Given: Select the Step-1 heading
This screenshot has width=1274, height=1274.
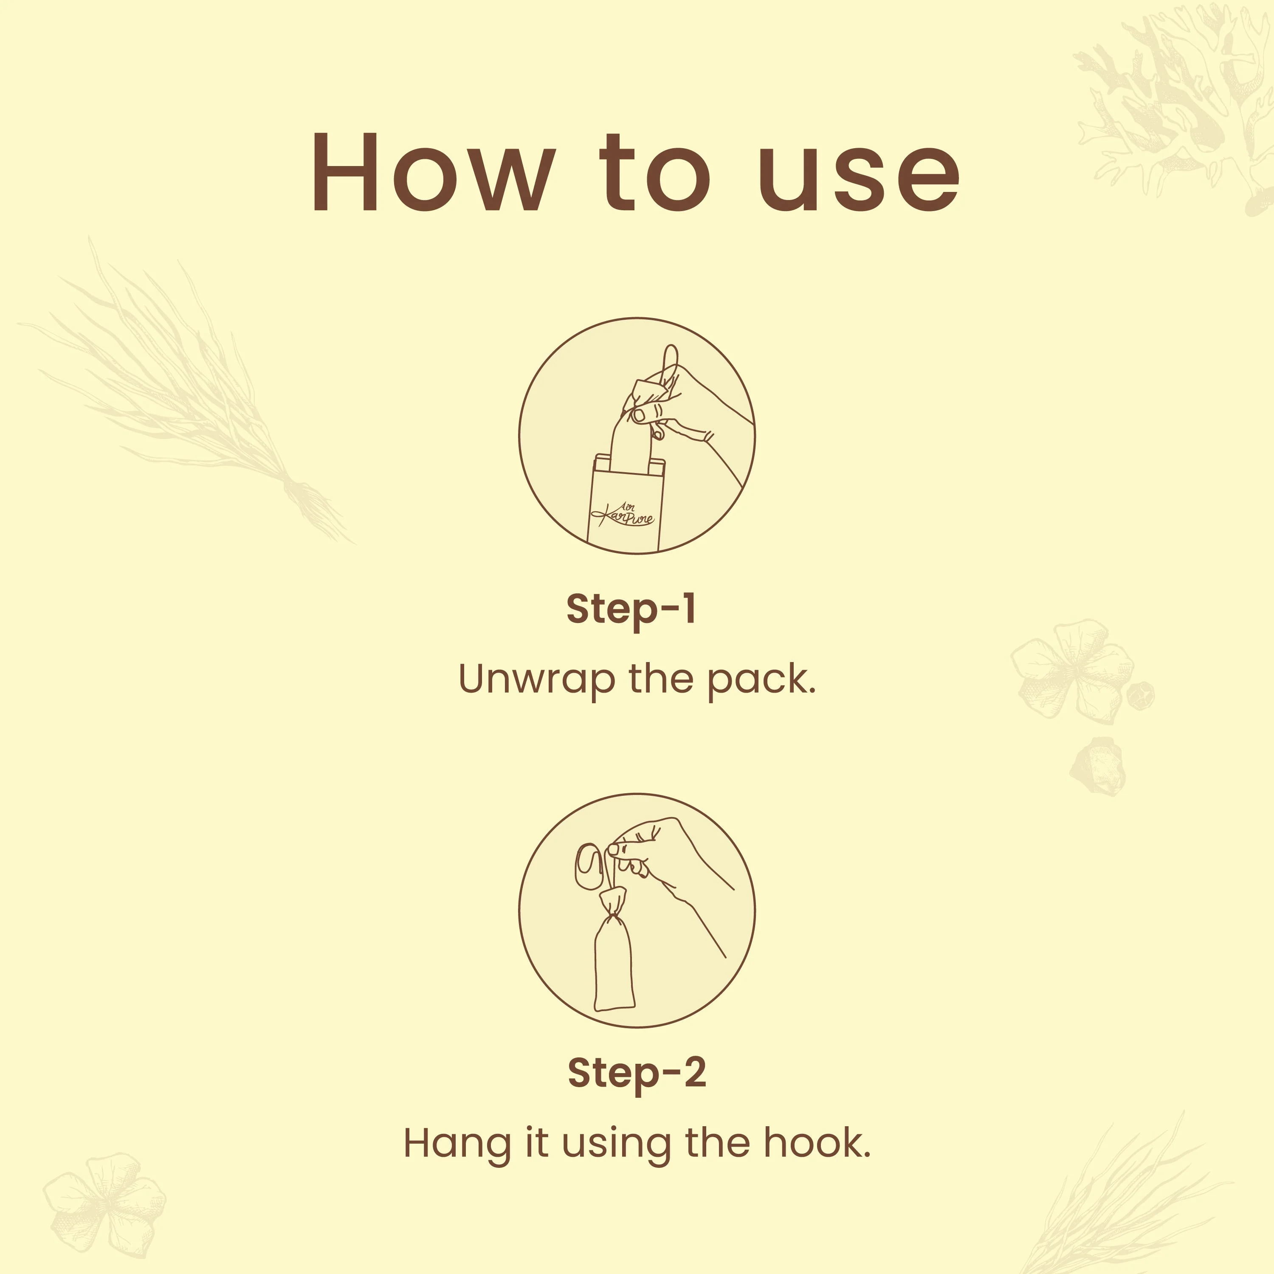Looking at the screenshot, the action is [x=631, y=609].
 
